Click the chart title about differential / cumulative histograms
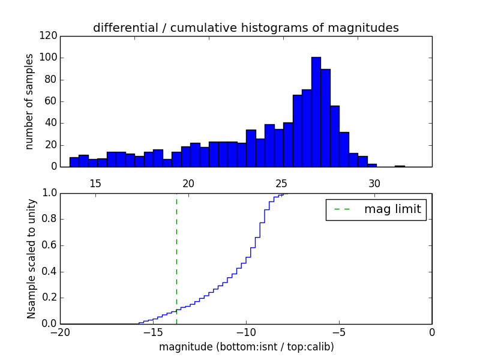point(245,28)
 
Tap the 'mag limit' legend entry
point(376,209)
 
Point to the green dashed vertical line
point(176,258)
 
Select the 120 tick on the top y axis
point(50,36)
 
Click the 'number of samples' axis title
point(29,101)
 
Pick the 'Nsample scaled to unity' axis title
point(31,258)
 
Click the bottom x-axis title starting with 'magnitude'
point(246,347)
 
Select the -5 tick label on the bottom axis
point(338,332)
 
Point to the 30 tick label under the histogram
point(374,183)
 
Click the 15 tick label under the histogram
point(95,183)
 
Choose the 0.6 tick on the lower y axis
point(49,245)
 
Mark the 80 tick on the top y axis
point(50,80)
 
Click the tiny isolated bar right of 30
point(400,166)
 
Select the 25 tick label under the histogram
point(281,183)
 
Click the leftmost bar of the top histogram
point(74,162)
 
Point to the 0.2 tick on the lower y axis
point(49,298)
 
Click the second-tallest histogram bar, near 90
point(325,118)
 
